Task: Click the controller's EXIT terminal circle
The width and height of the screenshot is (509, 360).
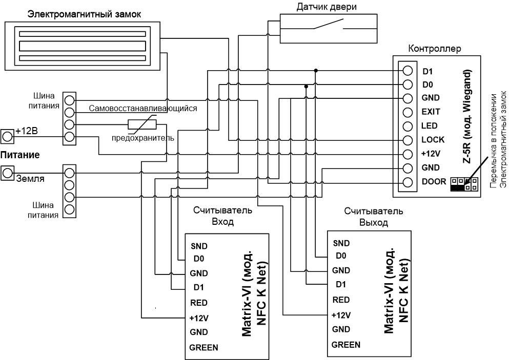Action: [408, 112]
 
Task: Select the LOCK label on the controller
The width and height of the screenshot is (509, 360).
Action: [433, 140]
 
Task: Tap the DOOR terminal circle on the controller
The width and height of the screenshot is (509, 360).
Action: [408, 182]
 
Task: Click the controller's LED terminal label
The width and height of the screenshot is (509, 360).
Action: [430, 126]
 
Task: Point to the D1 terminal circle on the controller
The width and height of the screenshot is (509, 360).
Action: [408, 70]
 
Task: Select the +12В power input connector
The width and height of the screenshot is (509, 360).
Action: [7, 136]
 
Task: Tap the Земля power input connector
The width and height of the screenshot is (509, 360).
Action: [7, 173]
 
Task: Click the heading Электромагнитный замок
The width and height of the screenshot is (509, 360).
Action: [85, 14]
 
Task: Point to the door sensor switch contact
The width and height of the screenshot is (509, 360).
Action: [329, 24]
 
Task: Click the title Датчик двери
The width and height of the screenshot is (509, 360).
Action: [327, 7]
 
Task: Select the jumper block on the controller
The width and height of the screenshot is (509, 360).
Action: [464, 184]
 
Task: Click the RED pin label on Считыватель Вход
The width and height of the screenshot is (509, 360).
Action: [199, 303]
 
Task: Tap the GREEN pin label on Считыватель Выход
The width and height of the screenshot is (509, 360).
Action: [345, 345]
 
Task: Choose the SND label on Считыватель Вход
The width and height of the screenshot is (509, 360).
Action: [199, 246]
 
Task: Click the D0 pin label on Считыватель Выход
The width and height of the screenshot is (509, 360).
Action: [341, 256]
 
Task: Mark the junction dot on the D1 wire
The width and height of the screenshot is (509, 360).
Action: [316, 70]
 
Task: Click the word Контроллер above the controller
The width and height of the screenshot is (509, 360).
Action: [435, 49]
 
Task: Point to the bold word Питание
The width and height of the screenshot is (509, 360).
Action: [20, 155]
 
